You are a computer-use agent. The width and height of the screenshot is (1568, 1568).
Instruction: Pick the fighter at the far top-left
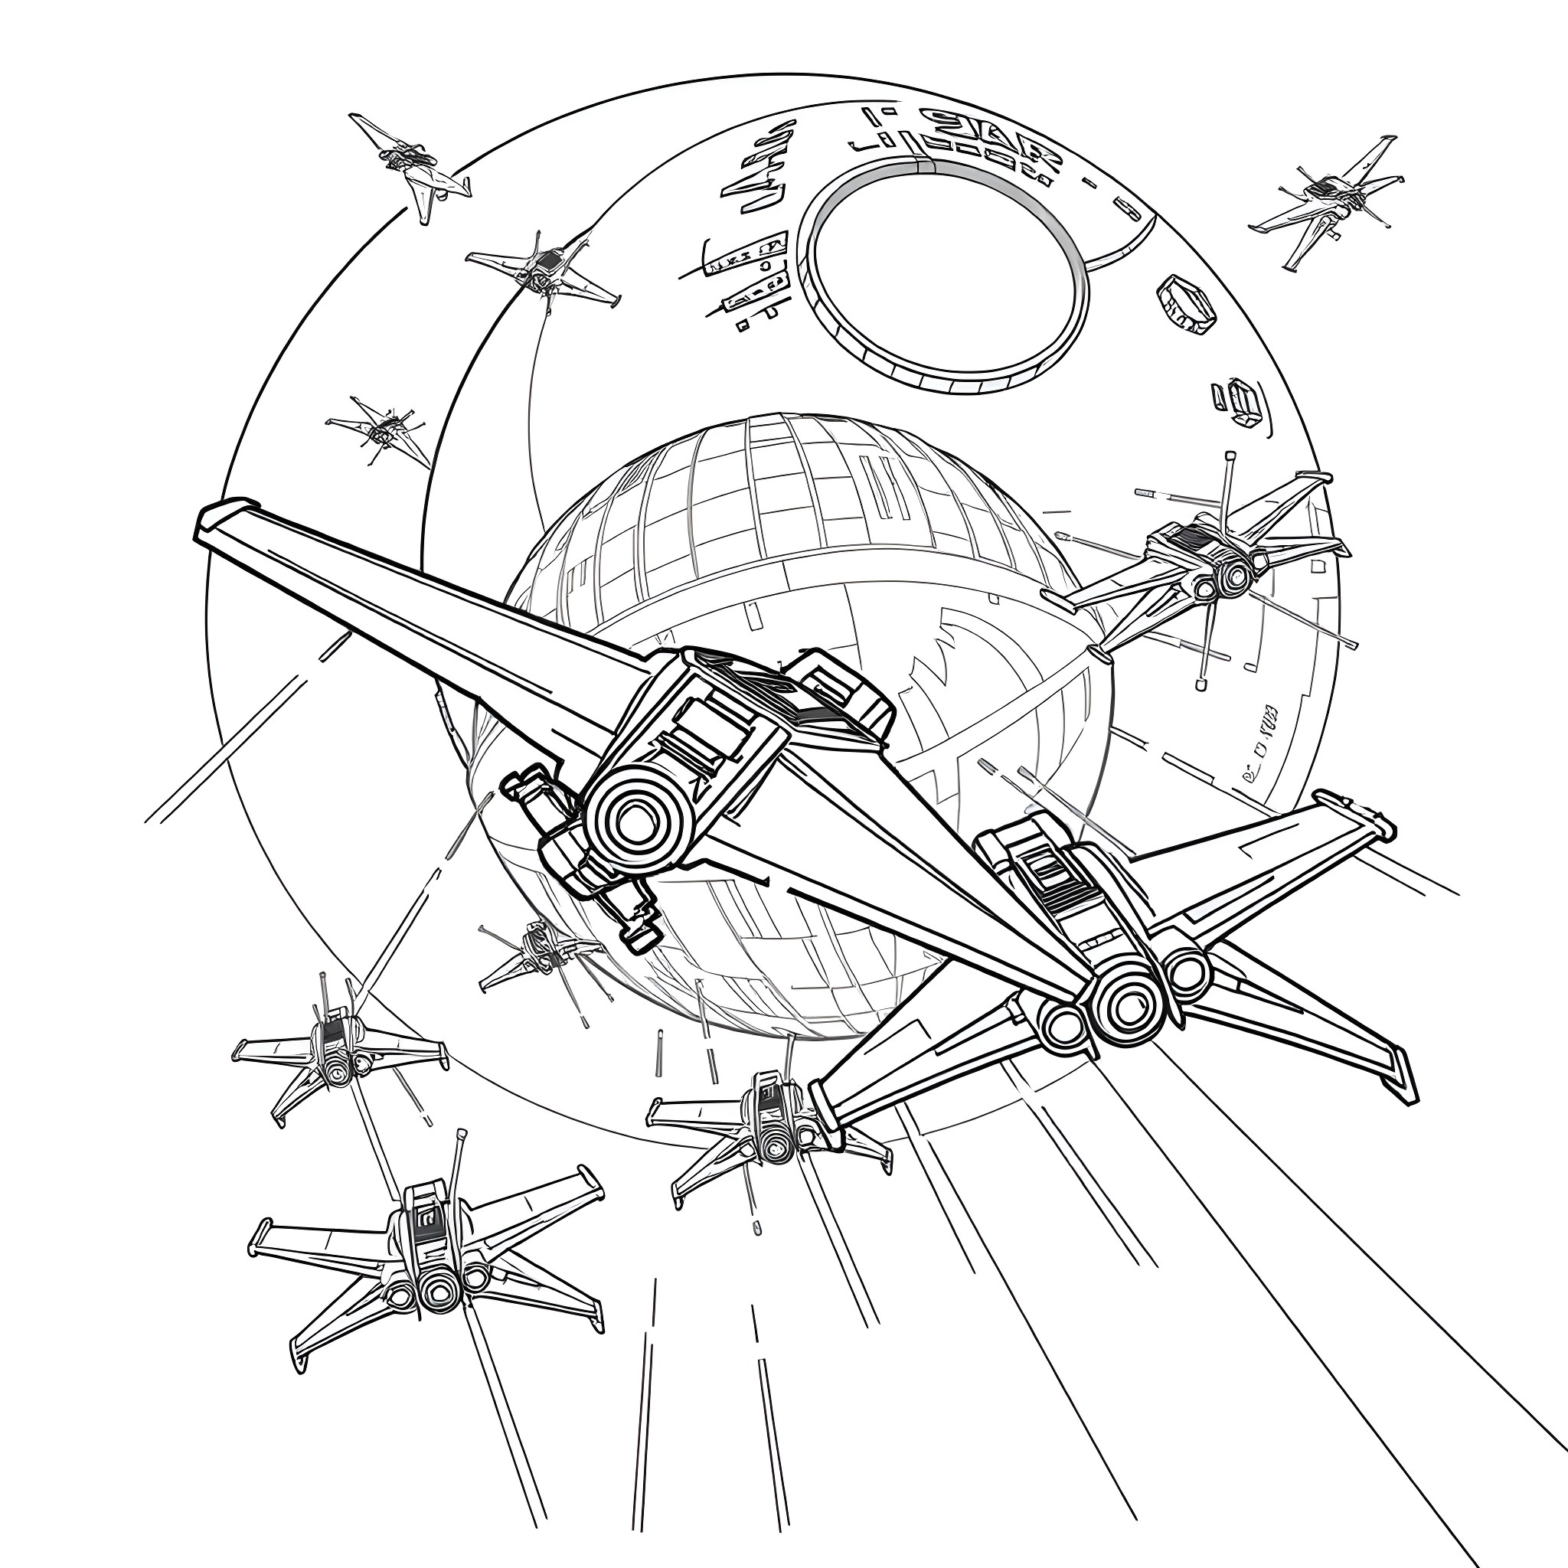(x=410, y=162)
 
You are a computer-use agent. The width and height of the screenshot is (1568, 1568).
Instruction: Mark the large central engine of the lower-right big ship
(x=1128, y=1006)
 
